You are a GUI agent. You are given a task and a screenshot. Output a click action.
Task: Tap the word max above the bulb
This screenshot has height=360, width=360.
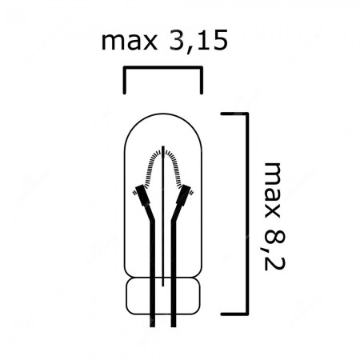click(x=128, y=41)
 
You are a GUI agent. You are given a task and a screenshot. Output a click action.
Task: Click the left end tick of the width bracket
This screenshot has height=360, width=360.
click(x=124, y=81)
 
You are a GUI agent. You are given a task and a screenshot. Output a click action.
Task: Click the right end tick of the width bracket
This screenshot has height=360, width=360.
click(x=202, y=81)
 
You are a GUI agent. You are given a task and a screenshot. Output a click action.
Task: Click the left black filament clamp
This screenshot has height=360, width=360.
click(x=142, y=194)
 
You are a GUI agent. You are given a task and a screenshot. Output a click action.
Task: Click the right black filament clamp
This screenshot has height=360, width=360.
click(x=185, y=194)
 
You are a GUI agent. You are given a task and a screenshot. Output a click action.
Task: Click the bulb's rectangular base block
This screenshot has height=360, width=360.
click(x=163, y=296)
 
